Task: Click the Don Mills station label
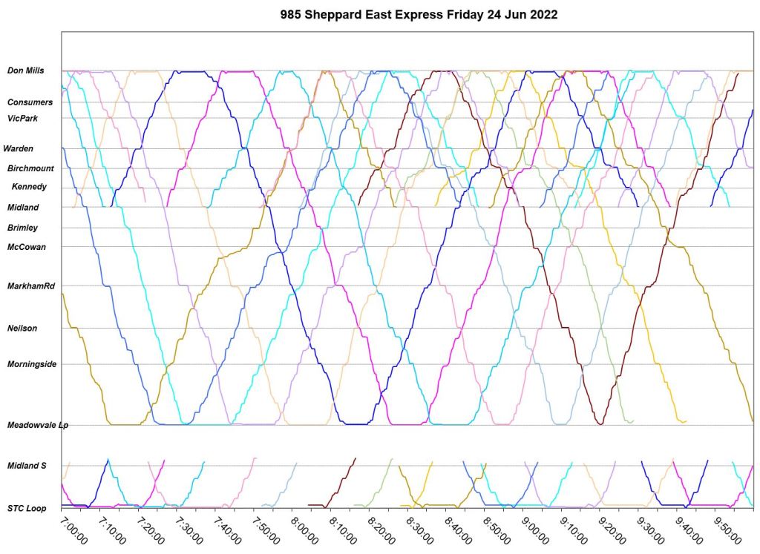coord(25,71)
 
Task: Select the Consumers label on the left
coord(30,102)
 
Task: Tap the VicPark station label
coord(24,118)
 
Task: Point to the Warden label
coord(18,148)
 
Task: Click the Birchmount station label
coord(30,168)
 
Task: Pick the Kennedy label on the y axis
coord(29,187)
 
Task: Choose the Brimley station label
coord(22,228)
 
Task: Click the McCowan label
coord(26,247)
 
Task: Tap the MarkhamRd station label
coord(31,286)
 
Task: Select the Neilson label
coord(22,328)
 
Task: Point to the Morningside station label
coord(32,364)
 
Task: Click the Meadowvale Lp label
coord(37,426)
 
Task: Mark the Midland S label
coord(27,466)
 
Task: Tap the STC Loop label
coord(27,509)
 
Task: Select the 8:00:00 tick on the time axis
coord(305,531)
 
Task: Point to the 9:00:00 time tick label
coord(537,531)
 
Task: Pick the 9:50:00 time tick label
coord(731,531)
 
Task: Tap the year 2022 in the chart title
coord(544,14)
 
